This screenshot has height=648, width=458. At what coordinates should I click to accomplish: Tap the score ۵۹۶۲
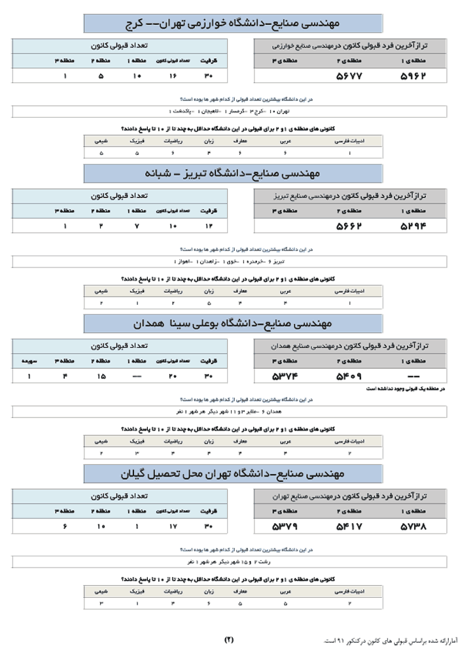413,76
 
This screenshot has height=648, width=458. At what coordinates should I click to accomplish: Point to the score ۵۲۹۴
413,226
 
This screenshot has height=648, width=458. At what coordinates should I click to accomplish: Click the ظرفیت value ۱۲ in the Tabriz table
210,226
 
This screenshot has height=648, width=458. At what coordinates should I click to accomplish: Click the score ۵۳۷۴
285,377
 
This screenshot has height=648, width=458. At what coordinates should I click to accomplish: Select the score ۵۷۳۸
413,526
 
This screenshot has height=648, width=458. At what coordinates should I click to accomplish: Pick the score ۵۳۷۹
285,526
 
